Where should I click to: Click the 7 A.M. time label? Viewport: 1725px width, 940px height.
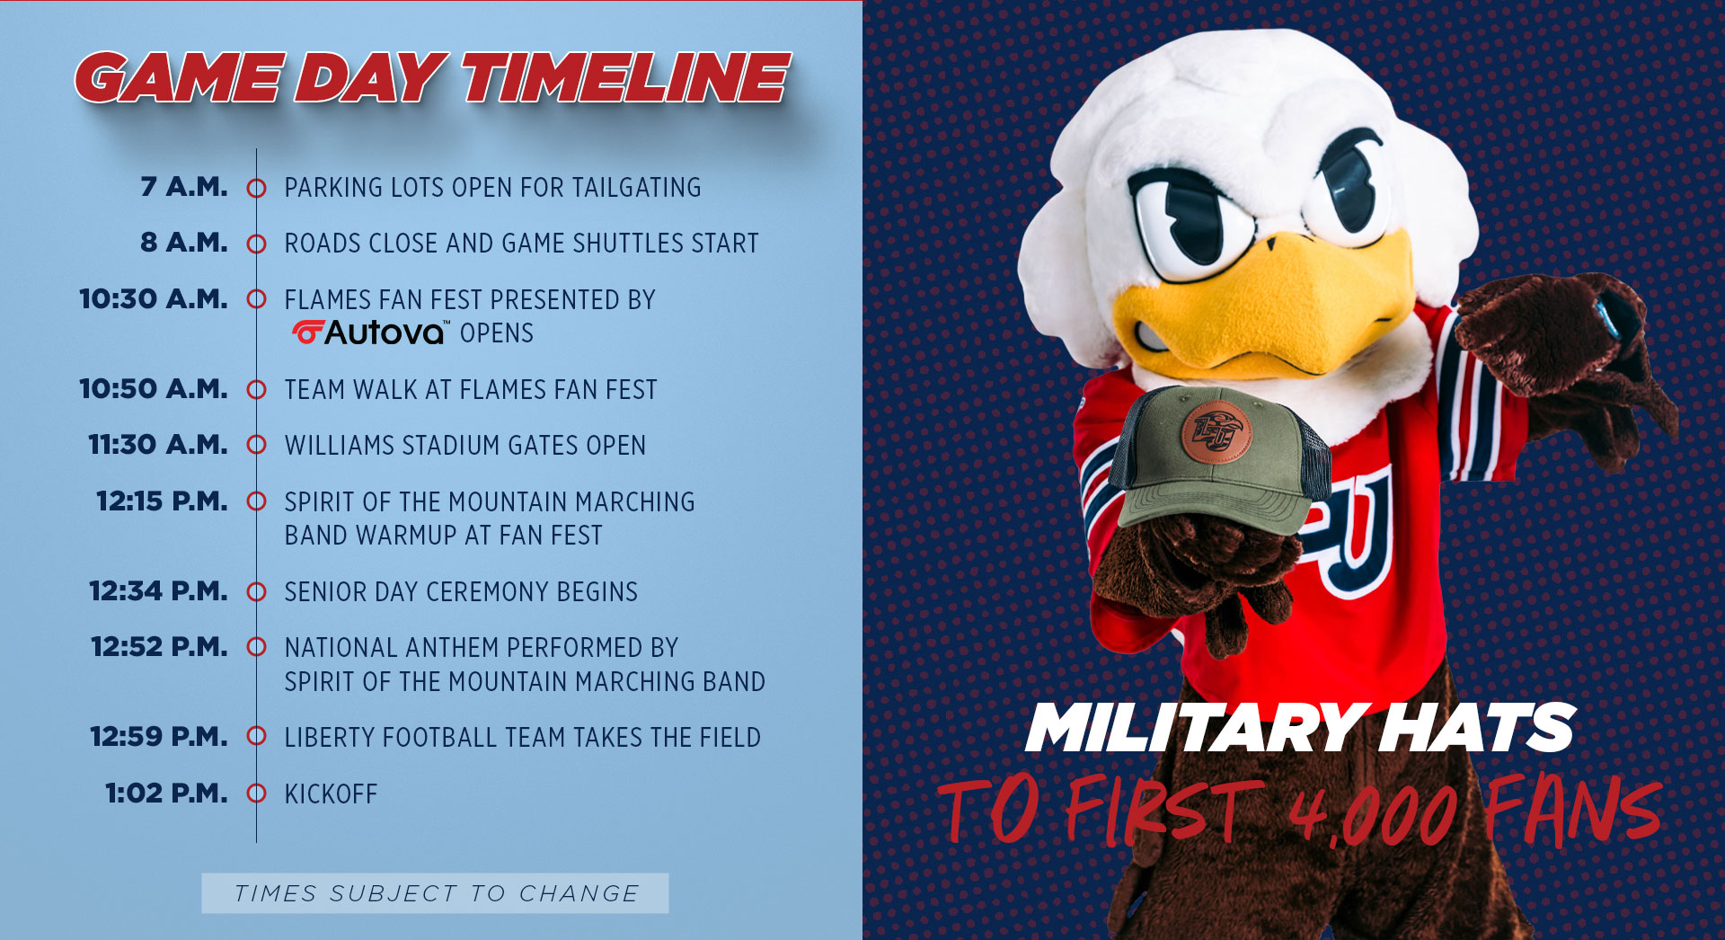coord(184,187)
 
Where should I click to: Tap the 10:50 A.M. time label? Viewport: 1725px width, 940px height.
coord(154,389)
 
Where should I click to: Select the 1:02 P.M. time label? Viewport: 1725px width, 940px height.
coord(166,794)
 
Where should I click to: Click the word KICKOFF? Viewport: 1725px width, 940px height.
coord(331,794)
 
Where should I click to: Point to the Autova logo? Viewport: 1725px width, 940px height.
coord(369,333)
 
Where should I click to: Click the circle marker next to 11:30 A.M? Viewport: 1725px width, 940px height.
coord(257,445)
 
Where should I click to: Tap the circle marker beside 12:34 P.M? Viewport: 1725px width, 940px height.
coord(257,591)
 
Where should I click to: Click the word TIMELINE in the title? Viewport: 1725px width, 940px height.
coord(626,77)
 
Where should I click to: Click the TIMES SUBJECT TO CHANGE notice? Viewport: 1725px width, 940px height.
coord(436,893)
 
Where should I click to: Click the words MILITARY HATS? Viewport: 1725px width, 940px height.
coord(1299,728)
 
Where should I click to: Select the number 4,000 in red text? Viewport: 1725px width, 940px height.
coord(1375,812)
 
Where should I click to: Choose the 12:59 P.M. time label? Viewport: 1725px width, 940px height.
coord(159,737)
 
